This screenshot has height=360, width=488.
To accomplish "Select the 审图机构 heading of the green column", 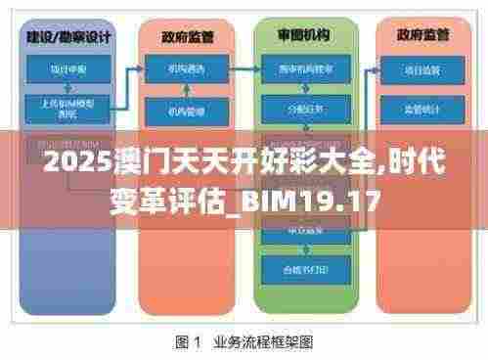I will point(304,35).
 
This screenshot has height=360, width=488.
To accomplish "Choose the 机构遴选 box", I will point(185,69).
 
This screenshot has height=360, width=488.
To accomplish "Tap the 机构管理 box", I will point(185,111).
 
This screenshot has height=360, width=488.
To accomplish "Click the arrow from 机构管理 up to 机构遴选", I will point(185,90).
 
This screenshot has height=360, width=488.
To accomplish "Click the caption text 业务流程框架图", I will point(263,342).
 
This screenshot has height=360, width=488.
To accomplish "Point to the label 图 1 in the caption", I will point(188,342).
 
